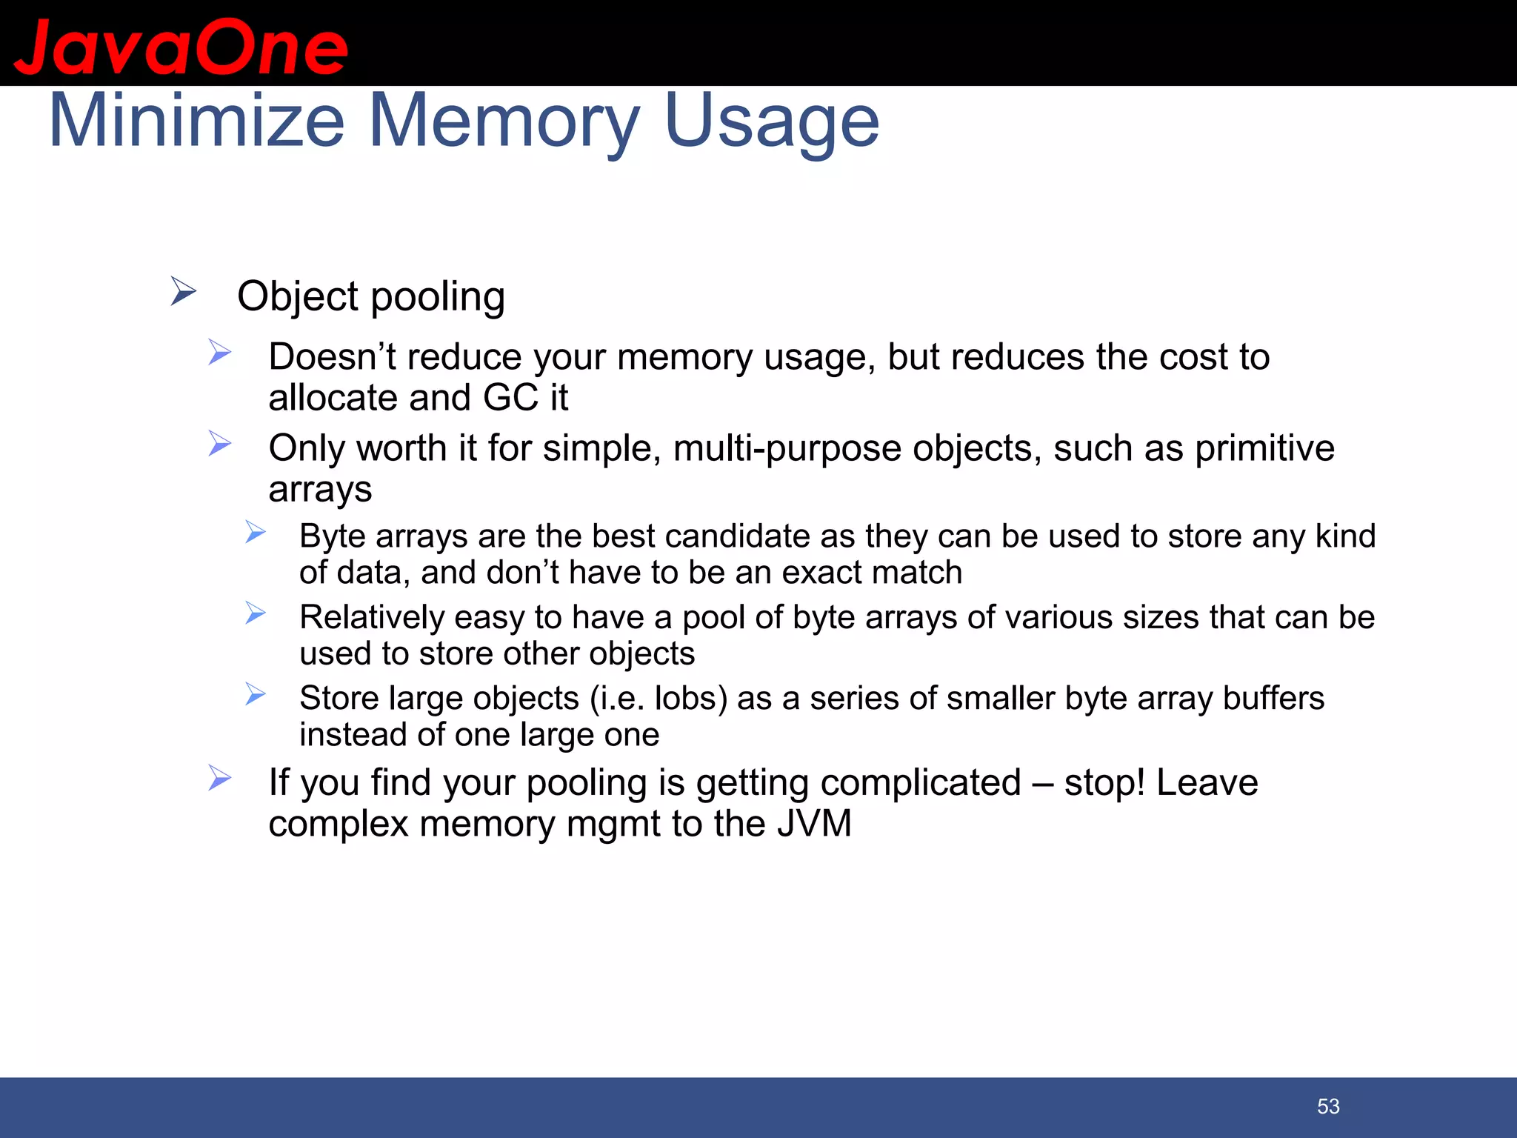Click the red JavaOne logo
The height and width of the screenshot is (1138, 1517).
pyautogui.click(x=181, y=47)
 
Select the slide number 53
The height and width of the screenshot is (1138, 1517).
pyautogui.click(x=1328, y=1106)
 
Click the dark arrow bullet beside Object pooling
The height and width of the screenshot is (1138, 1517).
pyautogui.click(x=183, y=291)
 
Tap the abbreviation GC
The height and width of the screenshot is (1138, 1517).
pyautogui.click(x=510, y=398)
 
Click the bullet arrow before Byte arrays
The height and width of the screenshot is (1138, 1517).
pyautogui.click(x=256, y=532)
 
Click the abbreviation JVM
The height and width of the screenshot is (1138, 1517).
pyautogui.click(x=814, y=824)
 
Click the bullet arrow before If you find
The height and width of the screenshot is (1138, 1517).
pyautogui.click(x=220, y=778)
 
